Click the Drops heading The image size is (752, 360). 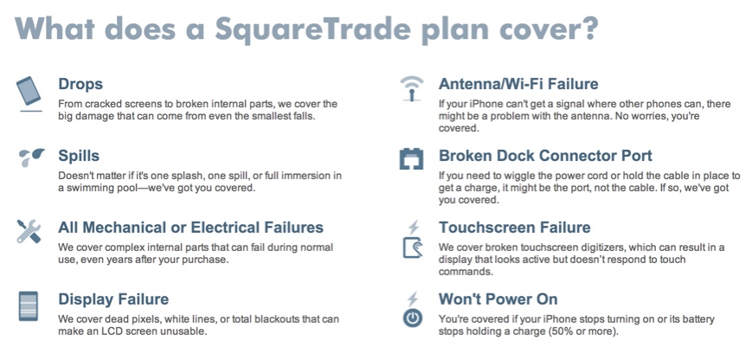80,84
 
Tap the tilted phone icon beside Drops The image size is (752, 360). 29,91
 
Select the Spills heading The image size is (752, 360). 79,156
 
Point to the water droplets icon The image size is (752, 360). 31,157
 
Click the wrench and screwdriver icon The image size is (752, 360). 29,232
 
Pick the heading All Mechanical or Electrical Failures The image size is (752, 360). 191,228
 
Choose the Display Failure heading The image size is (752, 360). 113,299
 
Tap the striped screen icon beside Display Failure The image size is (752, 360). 28,305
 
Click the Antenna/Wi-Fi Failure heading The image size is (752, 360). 518,84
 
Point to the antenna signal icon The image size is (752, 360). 412,88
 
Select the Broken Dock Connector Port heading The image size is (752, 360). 545,156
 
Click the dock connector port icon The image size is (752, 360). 412,158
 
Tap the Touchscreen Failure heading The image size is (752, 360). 515,228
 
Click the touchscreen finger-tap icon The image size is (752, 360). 413,247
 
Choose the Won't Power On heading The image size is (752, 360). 498,299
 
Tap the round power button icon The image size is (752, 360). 413,318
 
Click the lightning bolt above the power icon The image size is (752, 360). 413,299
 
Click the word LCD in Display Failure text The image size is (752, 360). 120,331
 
